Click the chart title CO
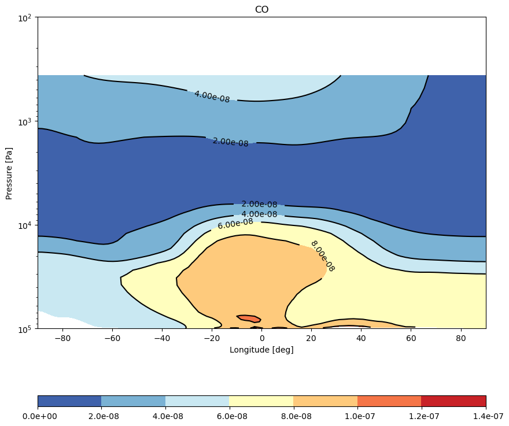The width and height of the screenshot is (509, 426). (x=261, y=10)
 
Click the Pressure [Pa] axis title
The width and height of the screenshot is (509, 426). (x=9, y=173)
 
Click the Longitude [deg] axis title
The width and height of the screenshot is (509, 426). (x=261, y=350)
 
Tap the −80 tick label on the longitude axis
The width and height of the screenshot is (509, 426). (x=62, y=338)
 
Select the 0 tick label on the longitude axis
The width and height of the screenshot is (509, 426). (x=262, y=338)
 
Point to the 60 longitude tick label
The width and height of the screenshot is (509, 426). (x=411, y=338)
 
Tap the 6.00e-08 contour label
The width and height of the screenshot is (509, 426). (x=235, y=224)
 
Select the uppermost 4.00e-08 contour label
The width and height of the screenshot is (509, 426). (x=212, y=97)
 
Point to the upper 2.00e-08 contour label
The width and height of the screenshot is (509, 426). (x=230, y=142)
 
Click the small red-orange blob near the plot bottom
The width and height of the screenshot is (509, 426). (x=249, y=318)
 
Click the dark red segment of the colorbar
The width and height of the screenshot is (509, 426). (x=453, y=401)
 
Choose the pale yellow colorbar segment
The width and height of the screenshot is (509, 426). (x=261, y=401)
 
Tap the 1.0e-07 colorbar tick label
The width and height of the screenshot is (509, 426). (x=357, y=416)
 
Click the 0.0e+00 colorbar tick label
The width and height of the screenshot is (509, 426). (x=38, y=416)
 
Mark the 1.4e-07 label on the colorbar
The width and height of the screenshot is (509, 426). (x=486, y=416)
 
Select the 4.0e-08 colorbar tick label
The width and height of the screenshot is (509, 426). (x=165, y=416)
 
